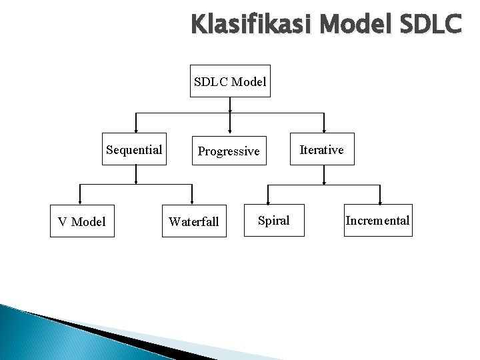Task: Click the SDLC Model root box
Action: click(230, 82)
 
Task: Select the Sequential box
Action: click(135, 149)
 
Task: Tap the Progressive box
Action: click(229, 151)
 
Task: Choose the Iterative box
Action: click(323, 149)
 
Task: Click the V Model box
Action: click(81, 221)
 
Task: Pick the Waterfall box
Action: click(193, 221)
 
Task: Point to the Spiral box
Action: click(273, 221)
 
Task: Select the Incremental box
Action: click(377, 221)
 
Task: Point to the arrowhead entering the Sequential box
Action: click(136, 130)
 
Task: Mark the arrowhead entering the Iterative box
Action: click(324, 130)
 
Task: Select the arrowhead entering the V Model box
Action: click(80, 201)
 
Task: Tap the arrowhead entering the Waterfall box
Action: click(192, 201)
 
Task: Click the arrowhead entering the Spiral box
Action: click(268, 201)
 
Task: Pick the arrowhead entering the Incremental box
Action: click(380, 201)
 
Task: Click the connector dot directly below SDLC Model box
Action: click(230, 100)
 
